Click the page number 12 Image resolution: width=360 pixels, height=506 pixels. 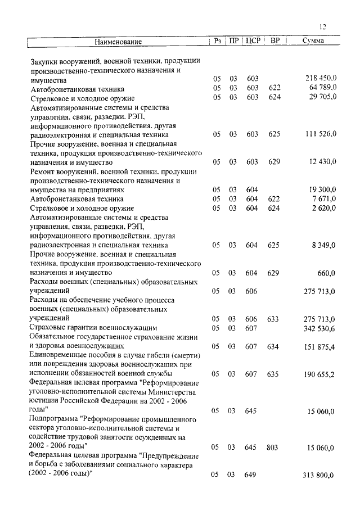[322, 26]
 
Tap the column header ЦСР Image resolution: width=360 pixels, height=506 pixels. [253, 41]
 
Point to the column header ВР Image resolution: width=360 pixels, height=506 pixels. [275, 41]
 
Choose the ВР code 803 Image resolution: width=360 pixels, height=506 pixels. [273, 448]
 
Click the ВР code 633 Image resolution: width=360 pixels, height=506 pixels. [273, 319]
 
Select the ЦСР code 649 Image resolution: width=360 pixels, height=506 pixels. [251, 475]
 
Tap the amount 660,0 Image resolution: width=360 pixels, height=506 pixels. [326, 273]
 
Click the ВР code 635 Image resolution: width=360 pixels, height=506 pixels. [273, 374]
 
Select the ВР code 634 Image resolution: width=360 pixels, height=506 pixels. [273, 347]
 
